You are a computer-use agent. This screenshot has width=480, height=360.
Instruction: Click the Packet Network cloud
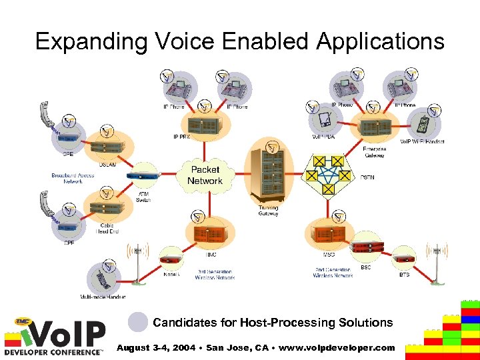tap(205, 175)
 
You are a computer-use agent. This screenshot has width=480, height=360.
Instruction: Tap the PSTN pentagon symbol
tap(328, 175)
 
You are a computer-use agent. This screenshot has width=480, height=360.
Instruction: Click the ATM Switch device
tap(143, 176)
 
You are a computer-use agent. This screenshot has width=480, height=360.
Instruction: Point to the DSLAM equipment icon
tap(107, 146)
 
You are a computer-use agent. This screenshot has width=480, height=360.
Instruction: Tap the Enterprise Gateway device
tap(374, 127)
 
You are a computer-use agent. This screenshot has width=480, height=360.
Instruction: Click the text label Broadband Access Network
tap(73, 178)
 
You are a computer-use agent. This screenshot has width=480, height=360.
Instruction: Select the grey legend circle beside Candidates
tap(138, 322)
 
